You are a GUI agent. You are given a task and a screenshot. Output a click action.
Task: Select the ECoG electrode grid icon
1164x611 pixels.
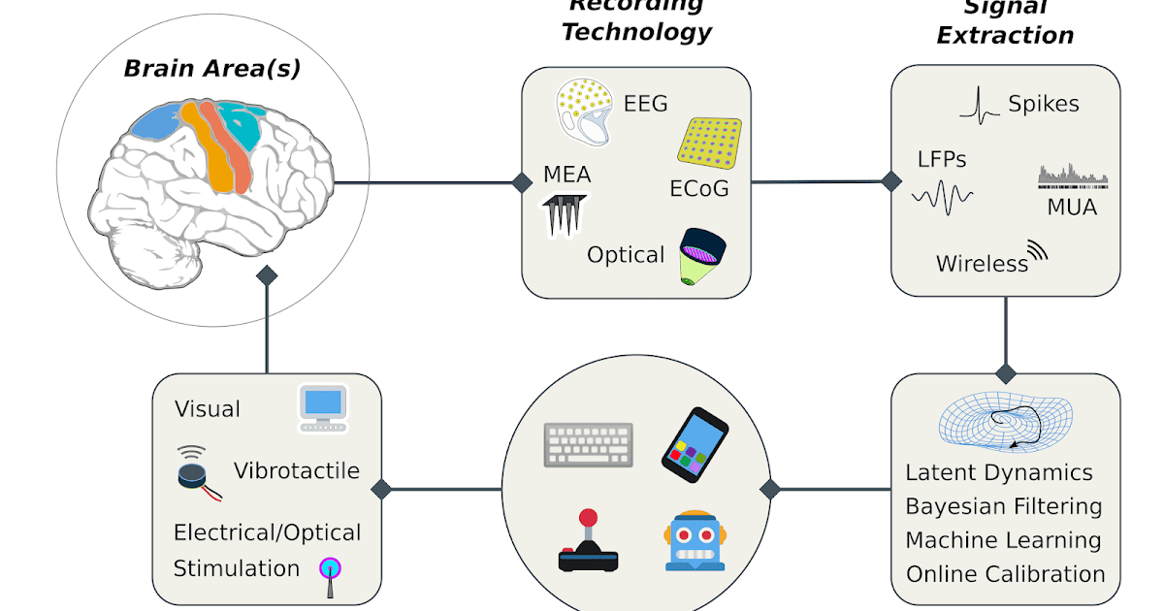coord(709,141)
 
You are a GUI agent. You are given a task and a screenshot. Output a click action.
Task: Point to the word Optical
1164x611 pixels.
coord(626,255)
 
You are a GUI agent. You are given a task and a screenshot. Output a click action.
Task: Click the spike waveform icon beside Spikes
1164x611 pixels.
coord(980,106)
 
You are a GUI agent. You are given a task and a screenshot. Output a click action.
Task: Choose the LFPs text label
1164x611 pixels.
coord(942,158)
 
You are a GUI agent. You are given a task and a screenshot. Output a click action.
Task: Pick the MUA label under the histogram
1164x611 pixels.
coord(1072,206)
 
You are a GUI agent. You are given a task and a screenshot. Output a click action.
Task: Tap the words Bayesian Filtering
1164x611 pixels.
coord(1003,506)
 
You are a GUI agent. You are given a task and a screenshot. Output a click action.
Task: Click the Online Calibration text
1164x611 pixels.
coord(1005,573)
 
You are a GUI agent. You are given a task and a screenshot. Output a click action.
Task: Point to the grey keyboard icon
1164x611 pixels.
coord(589,444)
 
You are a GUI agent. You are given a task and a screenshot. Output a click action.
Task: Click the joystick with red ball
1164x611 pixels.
coord(588,542)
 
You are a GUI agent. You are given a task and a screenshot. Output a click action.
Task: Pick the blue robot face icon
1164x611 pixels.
coord(695,540)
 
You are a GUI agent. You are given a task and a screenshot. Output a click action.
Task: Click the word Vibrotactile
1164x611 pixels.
coord(296,471)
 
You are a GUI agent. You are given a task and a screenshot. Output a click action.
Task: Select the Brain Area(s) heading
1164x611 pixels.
coord(211,69)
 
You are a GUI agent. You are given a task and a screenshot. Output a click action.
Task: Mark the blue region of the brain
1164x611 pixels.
coord(155,120)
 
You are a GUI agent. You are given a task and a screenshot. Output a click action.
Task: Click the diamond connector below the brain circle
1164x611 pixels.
coord(267,275)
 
